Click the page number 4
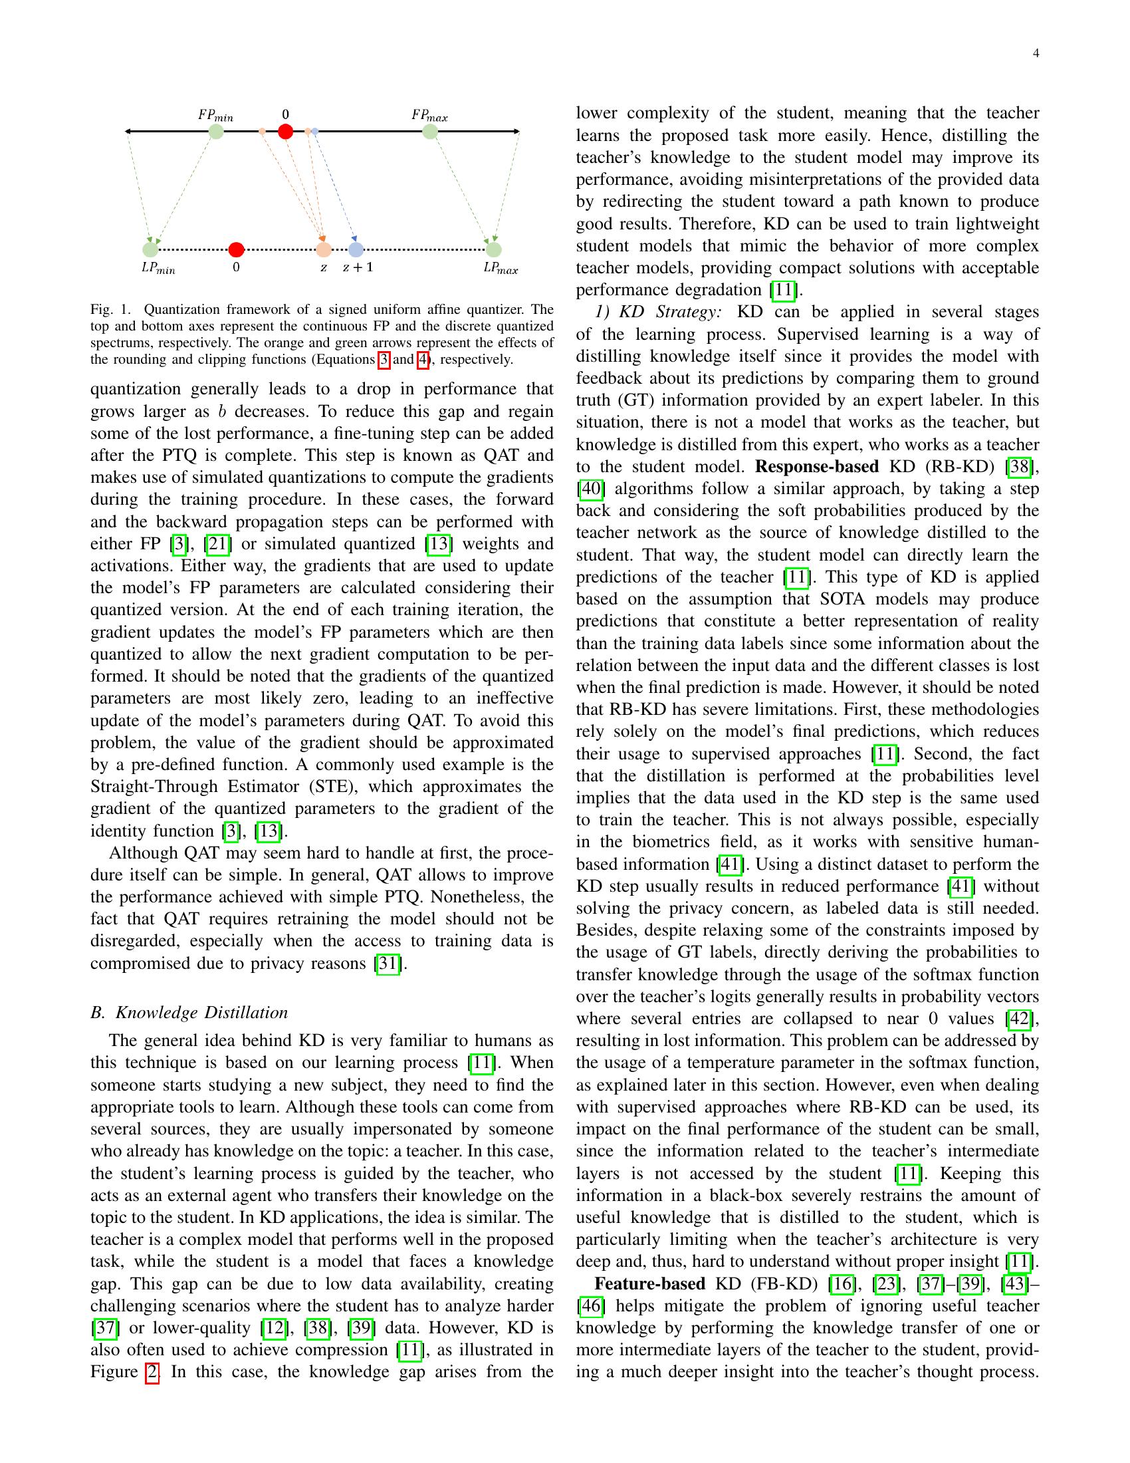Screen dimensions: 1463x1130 point(1036,55)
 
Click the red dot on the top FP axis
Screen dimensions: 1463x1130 point(285,131)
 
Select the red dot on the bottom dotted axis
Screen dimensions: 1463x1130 point(236,250)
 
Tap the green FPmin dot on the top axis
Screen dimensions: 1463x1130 point(215,131)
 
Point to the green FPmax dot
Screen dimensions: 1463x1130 point(431,131)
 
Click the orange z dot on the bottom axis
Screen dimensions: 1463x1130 point(323,250)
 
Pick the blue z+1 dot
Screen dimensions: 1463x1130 point(356,250)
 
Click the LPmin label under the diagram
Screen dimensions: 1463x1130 point(158,269)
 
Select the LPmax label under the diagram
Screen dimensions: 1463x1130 point(500,269)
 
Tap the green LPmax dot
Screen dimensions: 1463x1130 point(493,250)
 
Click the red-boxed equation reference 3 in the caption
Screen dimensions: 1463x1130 point(384,360)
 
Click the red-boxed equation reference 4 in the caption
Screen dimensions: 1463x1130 point(422,360)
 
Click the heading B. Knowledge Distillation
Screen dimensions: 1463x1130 point(189,1012)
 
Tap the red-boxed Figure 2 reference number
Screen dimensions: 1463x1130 point(153,1372)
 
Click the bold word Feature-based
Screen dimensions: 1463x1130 point(649,1283)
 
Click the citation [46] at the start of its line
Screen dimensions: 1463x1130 point(590,1305)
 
